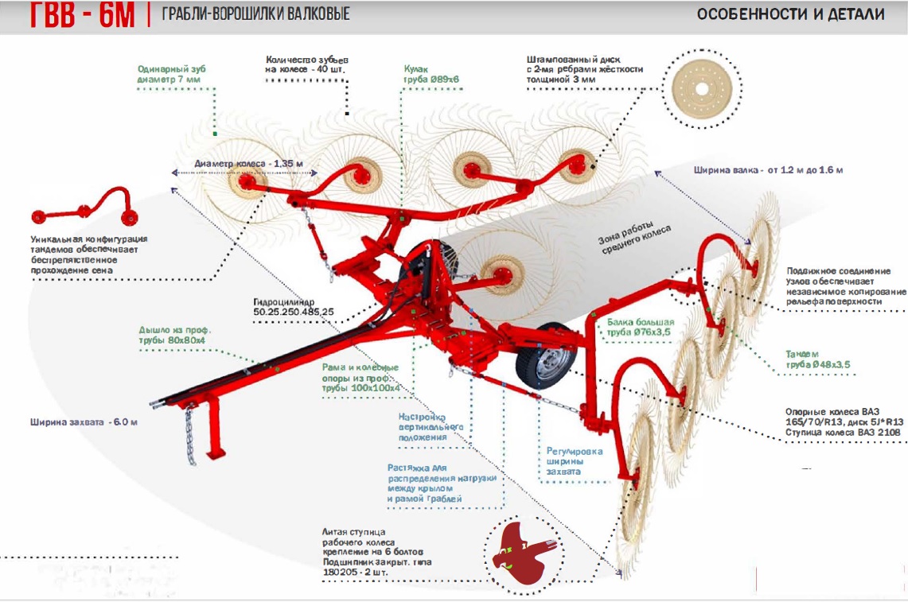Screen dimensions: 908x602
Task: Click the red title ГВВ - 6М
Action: [82, 15]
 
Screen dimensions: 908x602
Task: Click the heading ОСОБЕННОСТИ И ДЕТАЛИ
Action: [790, 14]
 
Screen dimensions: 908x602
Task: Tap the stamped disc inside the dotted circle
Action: [701, 90]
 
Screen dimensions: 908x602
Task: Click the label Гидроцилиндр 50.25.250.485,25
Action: [293, 307]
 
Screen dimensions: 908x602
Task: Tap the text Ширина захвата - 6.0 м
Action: [84, 422]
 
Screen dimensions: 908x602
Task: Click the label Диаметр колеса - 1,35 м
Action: [248, 164]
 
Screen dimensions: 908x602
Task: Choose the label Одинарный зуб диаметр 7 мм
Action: [171, 74]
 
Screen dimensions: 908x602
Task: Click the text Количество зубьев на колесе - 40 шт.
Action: [307, 64]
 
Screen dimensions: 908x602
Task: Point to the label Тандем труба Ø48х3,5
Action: [817, 359]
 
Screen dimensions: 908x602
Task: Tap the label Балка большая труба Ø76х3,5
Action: [640, 327]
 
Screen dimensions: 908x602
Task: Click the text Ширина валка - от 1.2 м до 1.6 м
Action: [768, 170]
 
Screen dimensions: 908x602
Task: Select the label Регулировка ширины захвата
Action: [574, 461]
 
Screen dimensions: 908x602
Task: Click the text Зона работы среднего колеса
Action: [635, 238]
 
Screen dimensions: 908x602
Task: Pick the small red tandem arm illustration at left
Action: [85, 207]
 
